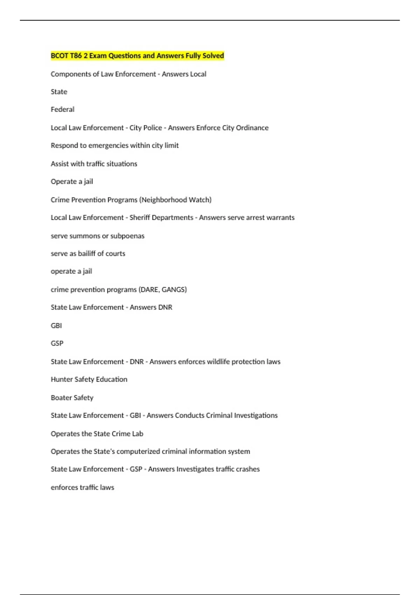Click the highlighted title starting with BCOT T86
137,56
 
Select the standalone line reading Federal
63,109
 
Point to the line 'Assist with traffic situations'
94,163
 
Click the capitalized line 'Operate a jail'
72,181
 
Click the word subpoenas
127,236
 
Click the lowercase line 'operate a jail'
71,271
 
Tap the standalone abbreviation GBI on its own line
56,325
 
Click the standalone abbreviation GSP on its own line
57,343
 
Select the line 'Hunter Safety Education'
89,379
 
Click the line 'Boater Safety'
72,398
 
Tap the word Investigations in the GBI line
255,415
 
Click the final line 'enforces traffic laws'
82,487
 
